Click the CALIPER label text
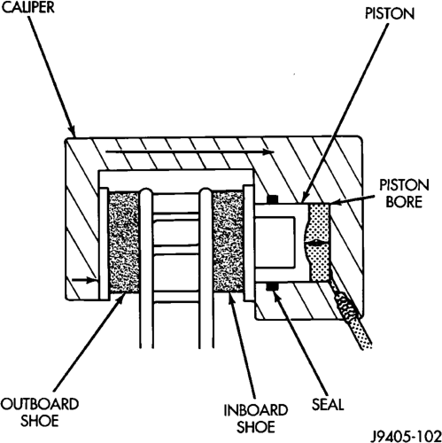point(28,7)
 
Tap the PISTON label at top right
point(390,13)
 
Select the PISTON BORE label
point(404,194)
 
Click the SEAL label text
point(328,404)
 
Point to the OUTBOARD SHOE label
point(40,412)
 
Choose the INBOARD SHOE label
point(256,418)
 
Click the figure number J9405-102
point(406,436)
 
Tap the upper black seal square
point(272,199)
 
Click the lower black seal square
point(272,286)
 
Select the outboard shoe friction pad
point(124,242)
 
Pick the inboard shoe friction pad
point(228,242)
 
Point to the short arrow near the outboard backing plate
point(84,280)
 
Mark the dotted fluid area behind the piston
point(319,242)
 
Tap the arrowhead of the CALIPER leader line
point(72,131)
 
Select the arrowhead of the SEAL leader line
point(276,297)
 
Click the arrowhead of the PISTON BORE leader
point(335,202)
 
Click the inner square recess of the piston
point(275,242)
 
